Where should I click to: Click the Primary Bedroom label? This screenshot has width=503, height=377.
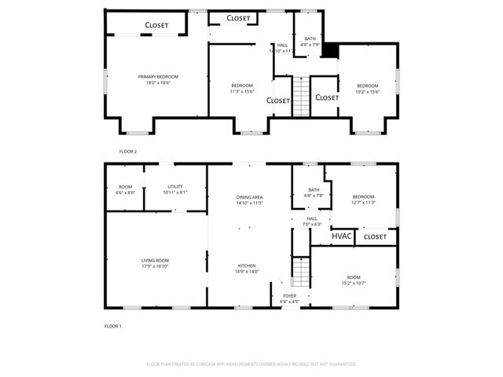pyautogui.click(x=158, y=77)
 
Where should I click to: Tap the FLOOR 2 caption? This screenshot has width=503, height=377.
pyautogui.click(x=127, y=151)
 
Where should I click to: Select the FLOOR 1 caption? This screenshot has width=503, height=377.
pyautogui.click(x=113, y=325)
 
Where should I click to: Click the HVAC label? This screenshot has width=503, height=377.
pyautogui.click(x=341, y=236)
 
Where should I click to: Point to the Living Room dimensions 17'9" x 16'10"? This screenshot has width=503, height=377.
pyautogui.click(x=155, y=266)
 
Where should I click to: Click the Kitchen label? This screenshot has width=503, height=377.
pyautogui.click(x=247, y=265)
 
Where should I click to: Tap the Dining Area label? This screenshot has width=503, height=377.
pyautogui.click(x=249, y=197)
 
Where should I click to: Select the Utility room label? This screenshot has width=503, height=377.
pyautogui.click(x=174, y=187)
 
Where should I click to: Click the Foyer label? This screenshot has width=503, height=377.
pyautogui.click(x=290, y=296)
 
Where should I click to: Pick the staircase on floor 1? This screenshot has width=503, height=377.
pyautogui.click(x=299, y=273)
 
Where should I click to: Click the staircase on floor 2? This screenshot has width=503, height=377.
pyautogui.click(x=299, y=96)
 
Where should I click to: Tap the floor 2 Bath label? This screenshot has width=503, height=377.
pyautogui.click(x=310, y=38)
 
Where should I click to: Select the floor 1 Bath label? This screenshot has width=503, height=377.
pyautogui.click(x=314, y=189)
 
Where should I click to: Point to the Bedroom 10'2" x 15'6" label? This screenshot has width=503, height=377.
pyautogui.click(x=368, y=86)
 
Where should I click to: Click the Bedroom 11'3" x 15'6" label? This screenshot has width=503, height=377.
pyautogui.click(x=242, y=86)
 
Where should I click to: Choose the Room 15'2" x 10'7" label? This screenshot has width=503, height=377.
pyautogui.click(x=354, y=277)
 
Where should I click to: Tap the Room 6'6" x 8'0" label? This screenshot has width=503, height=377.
pyautogui.click(x=126, y=187)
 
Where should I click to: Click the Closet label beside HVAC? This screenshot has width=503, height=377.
pyautogui.click(x=375, y=236)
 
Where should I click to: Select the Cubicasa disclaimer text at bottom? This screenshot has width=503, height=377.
pyautogui.click(x=251, y=364)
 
